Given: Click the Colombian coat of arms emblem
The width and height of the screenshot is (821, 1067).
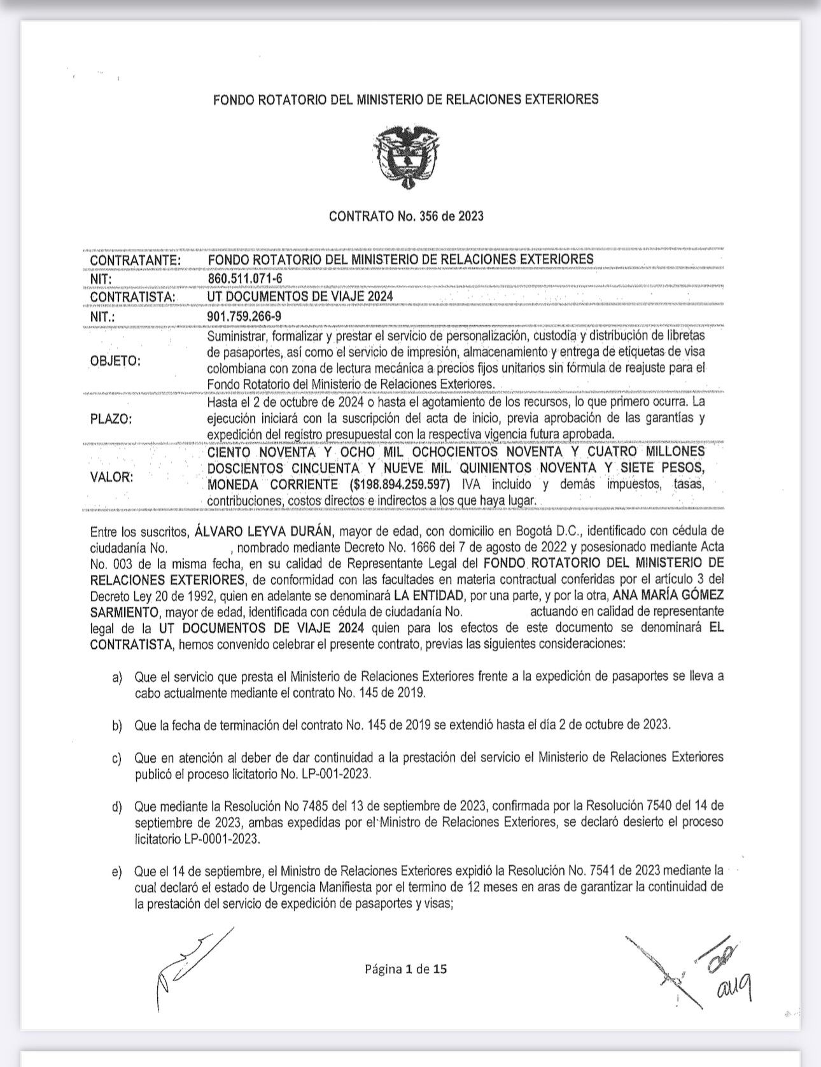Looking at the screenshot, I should (405, 154).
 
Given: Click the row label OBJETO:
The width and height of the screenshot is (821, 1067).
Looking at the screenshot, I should (116, 361).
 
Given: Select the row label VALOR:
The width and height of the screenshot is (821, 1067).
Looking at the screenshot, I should (112, 477).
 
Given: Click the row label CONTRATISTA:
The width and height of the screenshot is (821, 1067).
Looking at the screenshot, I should (131, 297).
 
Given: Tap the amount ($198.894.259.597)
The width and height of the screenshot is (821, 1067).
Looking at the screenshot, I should (389, 485).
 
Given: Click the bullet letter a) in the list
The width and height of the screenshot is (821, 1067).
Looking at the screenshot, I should (116, 677).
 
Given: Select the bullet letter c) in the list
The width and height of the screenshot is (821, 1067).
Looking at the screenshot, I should (116, 758).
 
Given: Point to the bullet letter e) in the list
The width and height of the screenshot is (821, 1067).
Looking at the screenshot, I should (116, 871).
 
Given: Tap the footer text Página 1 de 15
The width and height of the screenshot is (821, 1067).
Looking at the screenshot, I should (406, 969).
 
